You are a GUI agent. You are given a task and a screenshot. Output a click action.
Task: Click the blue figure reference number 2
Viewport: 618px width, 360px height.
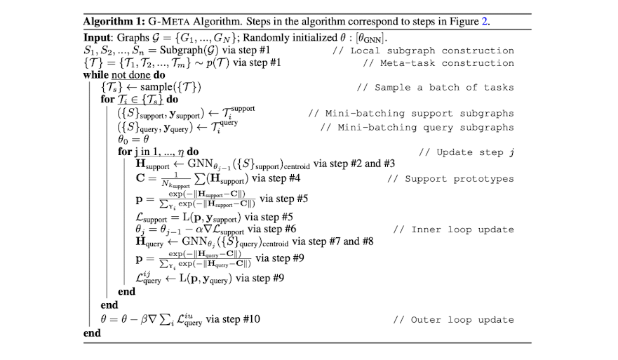[485, 21]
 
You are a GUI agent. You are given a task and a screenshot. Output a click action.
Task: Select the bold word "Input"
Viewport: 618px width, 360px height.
[97, 37]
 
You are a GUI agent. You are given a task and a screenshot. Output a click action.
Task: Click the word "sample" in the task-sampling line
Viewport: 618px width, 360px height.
[167, 88]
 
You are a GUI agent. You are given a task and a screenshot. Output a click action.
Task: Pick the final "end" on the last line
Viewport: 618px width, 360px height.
[92, 333]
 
